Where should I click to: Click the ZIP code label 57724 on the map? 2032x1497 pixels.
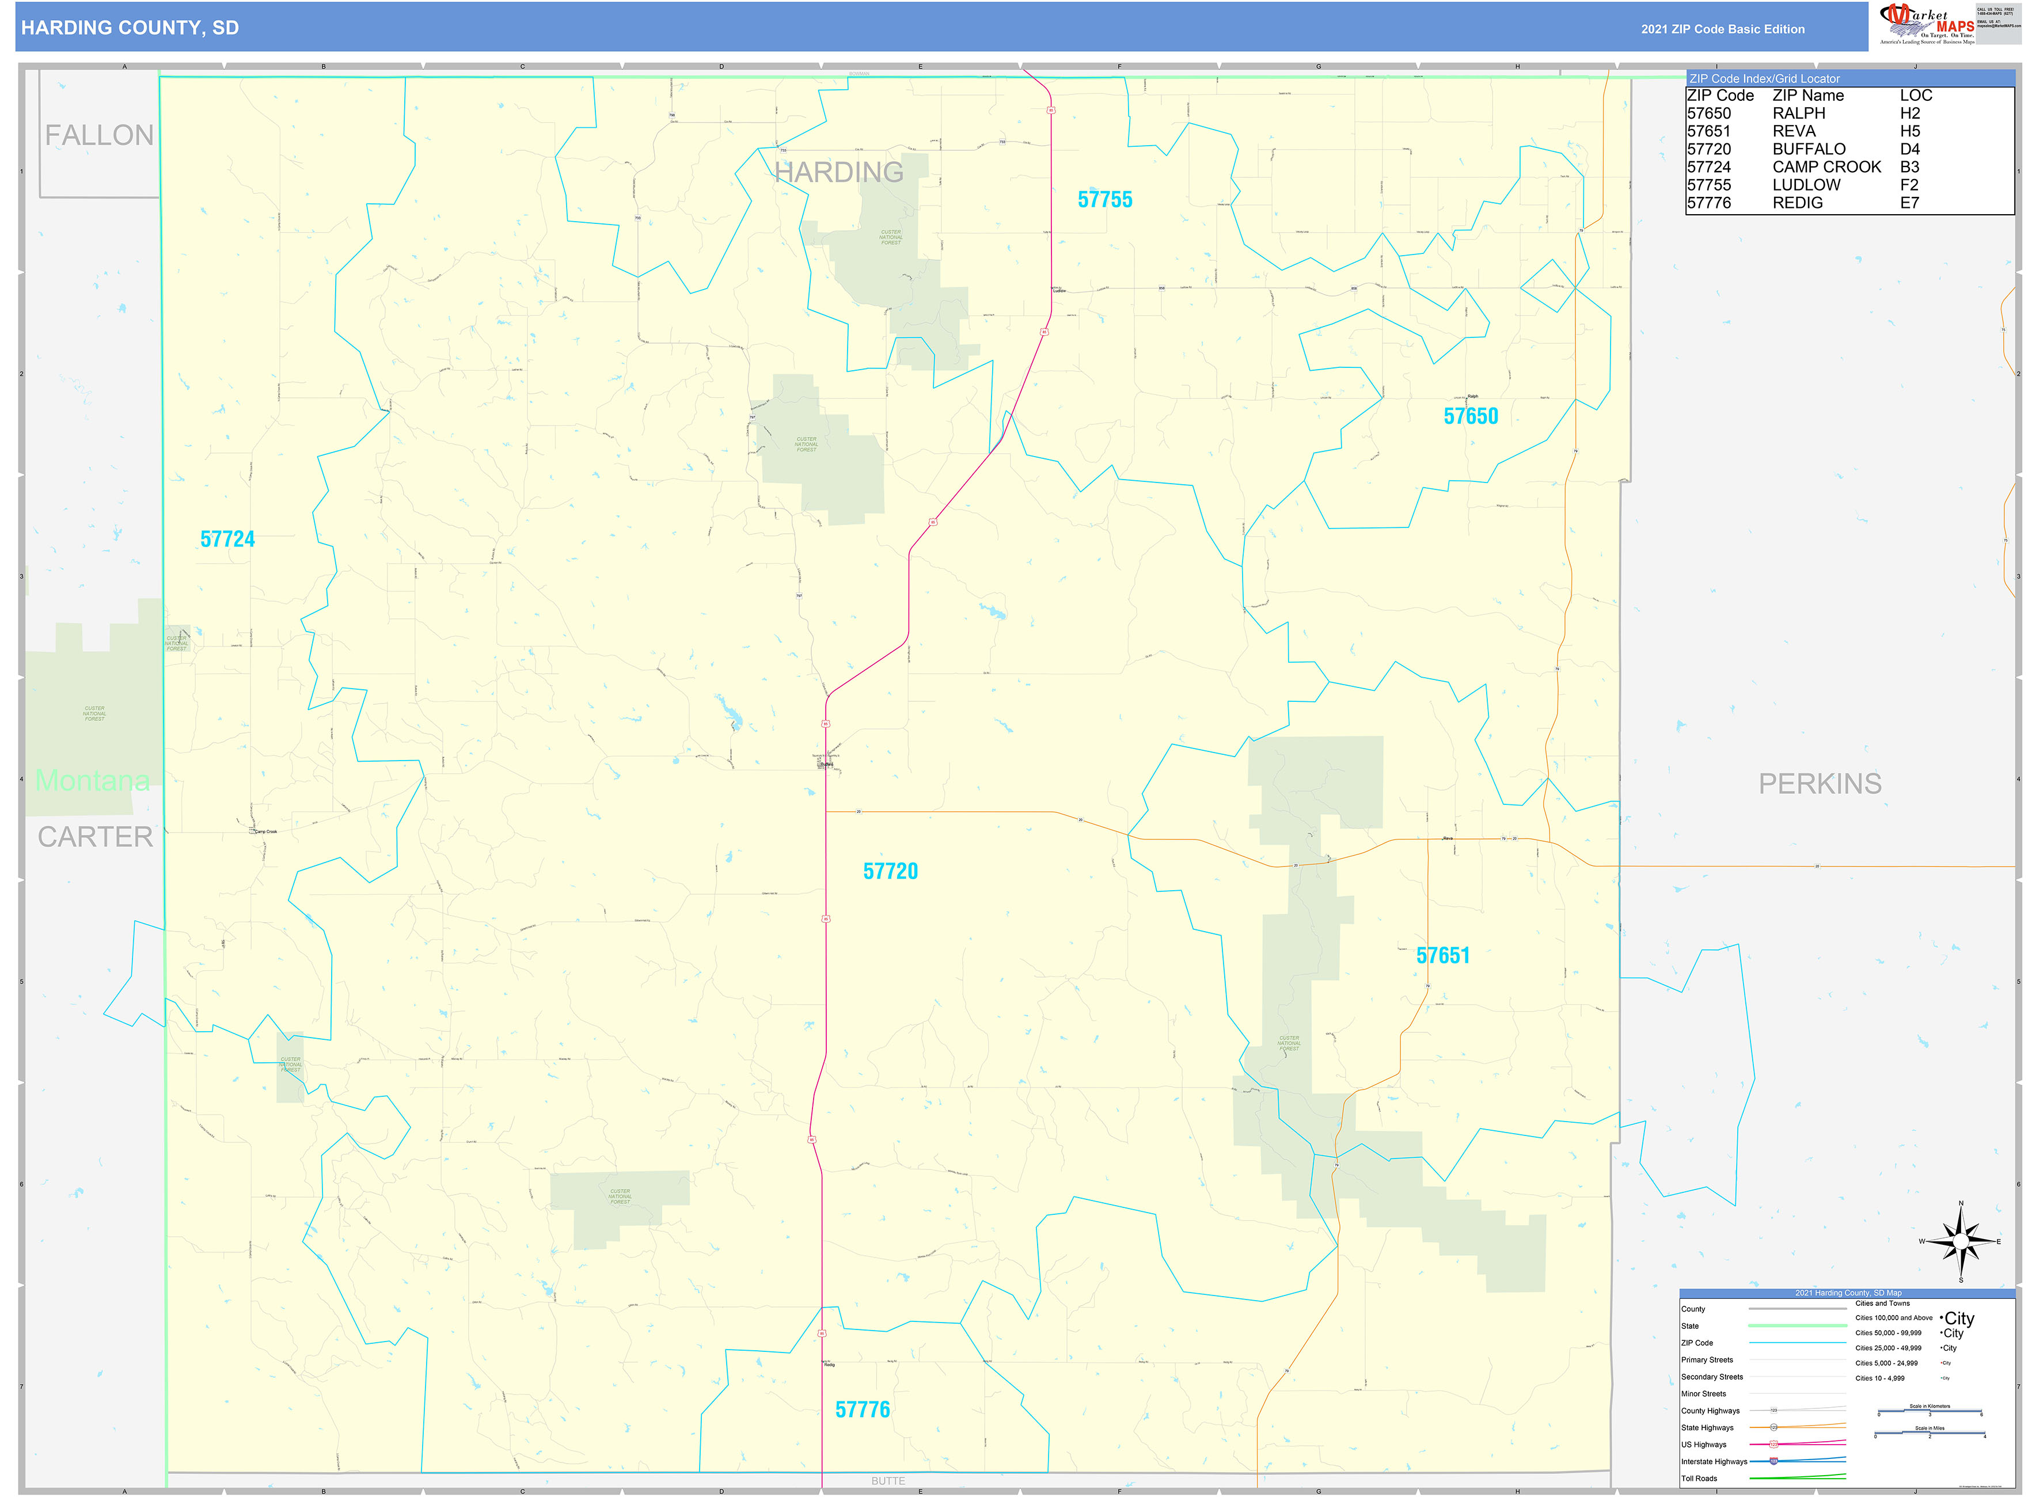click(227, 539)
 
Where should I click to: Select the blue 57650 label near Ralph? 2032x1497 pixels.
click(1470, 416)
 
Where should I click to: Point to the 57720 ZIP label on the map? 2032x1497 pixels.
click(890, 871)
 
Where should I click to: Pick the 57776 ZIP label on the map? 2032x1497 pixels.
click(862, 1409)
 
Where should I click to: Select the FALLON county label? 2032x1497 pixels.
click(99, 135)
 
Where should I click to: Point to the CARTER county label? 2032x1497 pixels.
click(95, 837)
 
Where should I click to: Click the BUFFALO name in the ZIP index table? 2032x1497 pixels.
click(1808, 149)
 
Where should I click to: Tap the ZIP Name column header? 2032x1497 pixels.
click(1807, 95)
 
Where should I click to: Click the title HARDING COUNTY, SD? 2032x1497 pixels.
click(130, 28)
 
